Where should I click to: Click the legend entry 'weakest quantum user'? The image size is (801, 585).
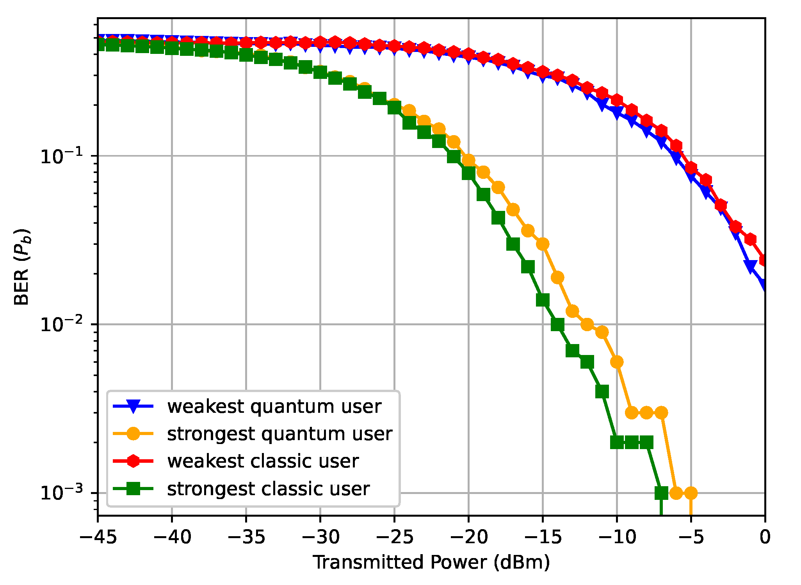click(x=274, y=407)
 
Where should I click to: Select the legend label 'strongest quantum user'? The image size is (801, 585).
click(x=279, y=434)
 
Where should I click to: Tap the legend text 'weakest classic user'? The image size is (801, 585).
click(x=263, y=461)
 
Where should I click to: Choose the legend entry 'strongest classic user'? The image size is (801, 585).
click(x=268, y=489)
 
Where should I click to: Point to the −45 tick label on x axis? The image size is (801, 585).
click(x=98, y=537)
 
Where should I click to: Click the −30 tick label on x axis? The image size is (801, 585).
click(x=320, y=537)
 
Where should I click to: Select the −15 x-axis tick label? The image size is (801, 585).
click(x=543, y=537)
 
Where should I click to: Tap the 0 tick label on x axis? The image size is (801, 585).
click(x=765, y=537)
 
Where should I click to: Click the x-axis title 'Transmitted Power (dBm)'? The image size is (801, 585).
click(x=431, y=562)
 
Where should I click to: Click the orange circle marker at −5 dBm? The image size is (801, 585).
click(x=691, y=493)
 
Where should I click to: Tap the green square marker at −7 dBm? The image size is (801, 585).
click(x=661, y=493)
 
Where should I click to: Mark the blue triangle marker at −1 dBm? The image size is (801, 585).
click(x=750, y=266)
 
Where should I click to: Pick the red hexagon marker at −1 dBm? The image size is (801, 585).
click(x=750, y=239)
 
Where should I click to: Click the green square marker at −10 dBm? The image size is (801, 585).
click(x=617, y=442)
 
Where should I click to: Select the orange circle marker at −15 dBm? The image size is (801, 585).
click(x=543, y=244)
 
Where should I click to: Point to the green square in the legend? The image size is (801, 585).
click(x=133, y=489)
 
